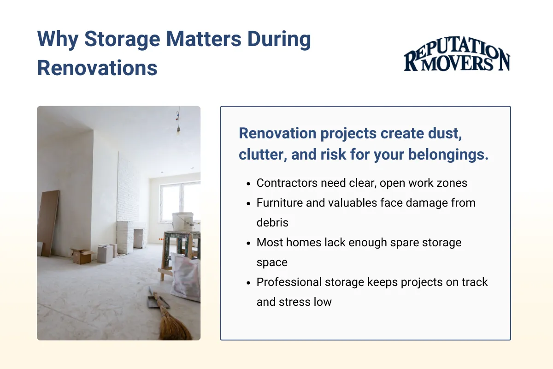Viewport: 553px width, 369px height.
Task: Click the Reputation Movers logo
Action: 457,58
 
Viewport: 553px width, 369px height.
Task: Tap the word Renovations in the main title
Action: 97,68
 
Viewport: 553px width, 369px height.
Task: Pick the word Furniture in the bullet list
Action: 279,202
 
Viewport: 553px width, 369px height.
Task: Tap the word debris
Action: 272,222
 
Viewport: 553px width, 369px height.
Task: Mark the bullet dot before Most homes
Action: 248,243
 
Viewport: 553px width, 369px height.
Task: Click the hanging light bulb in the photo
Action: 177,131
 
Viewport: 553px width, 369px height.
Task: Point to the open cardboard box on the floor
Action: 81,256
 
